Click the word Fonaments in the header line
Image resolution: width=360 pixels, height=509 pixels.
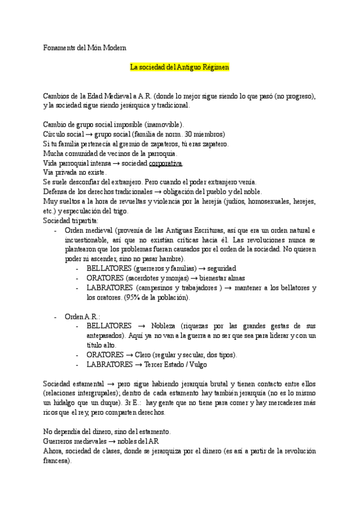(60, 46)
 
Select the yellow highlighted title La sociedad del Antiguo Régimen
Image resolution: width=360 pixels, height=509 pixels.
(180, 68)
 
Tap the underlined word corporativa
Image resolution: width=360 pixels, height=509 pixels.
(165, 163)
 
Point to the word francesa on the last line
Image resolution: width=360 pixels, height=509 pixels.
(56, 461)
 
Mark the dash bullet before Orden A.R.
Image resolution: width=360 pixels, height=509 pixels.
(56, 316)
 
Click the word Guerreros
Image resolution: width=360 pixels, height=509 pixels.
(59, 441)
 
